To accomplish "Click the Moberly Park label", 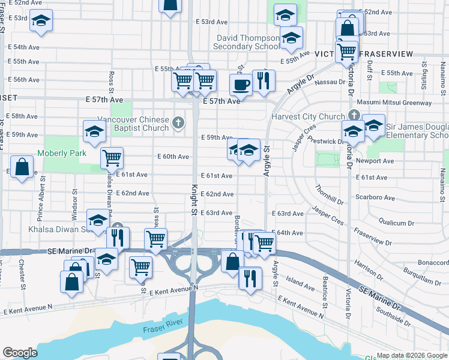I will pyautogui.click(x=61, y=153).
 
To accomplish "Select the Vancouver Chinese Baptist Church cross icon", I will pyautogui.click(x=178, y=124).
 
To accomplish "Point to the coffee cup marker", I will pyautogui.click(x=241, y=85).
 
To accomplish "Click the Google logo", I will pyautogui.click(x=20, y=353).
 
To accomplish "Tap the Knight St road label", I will pyautogui.click(x=194, y=200).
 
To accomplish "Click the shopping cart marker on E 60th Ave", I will pyautogui.click(x=112, y=158).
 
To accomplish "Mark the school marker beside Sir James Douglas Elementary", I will pyautogui.click(x=373, y=126).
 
